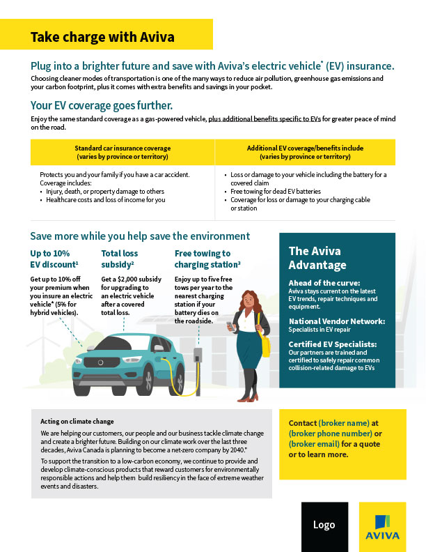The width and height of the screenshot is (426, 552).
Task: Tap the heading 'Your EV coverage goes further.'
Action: pyautogui.click(x=102, y=106)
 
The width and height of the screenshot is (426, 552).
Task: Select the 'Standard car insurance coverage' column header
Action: pyautogui.click(x=123, y=152)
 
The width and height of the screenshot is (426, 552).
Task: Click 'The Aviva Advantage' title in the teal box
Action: pyautogui.click(x=317, y=258)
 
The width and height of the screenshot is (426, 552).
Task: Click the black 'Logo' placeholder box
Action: pyautogui.click(x=324, y=525)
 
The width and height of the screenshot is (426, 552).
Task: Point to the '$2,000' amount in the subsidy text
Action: pyautogui.click(x=131, y=279)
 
